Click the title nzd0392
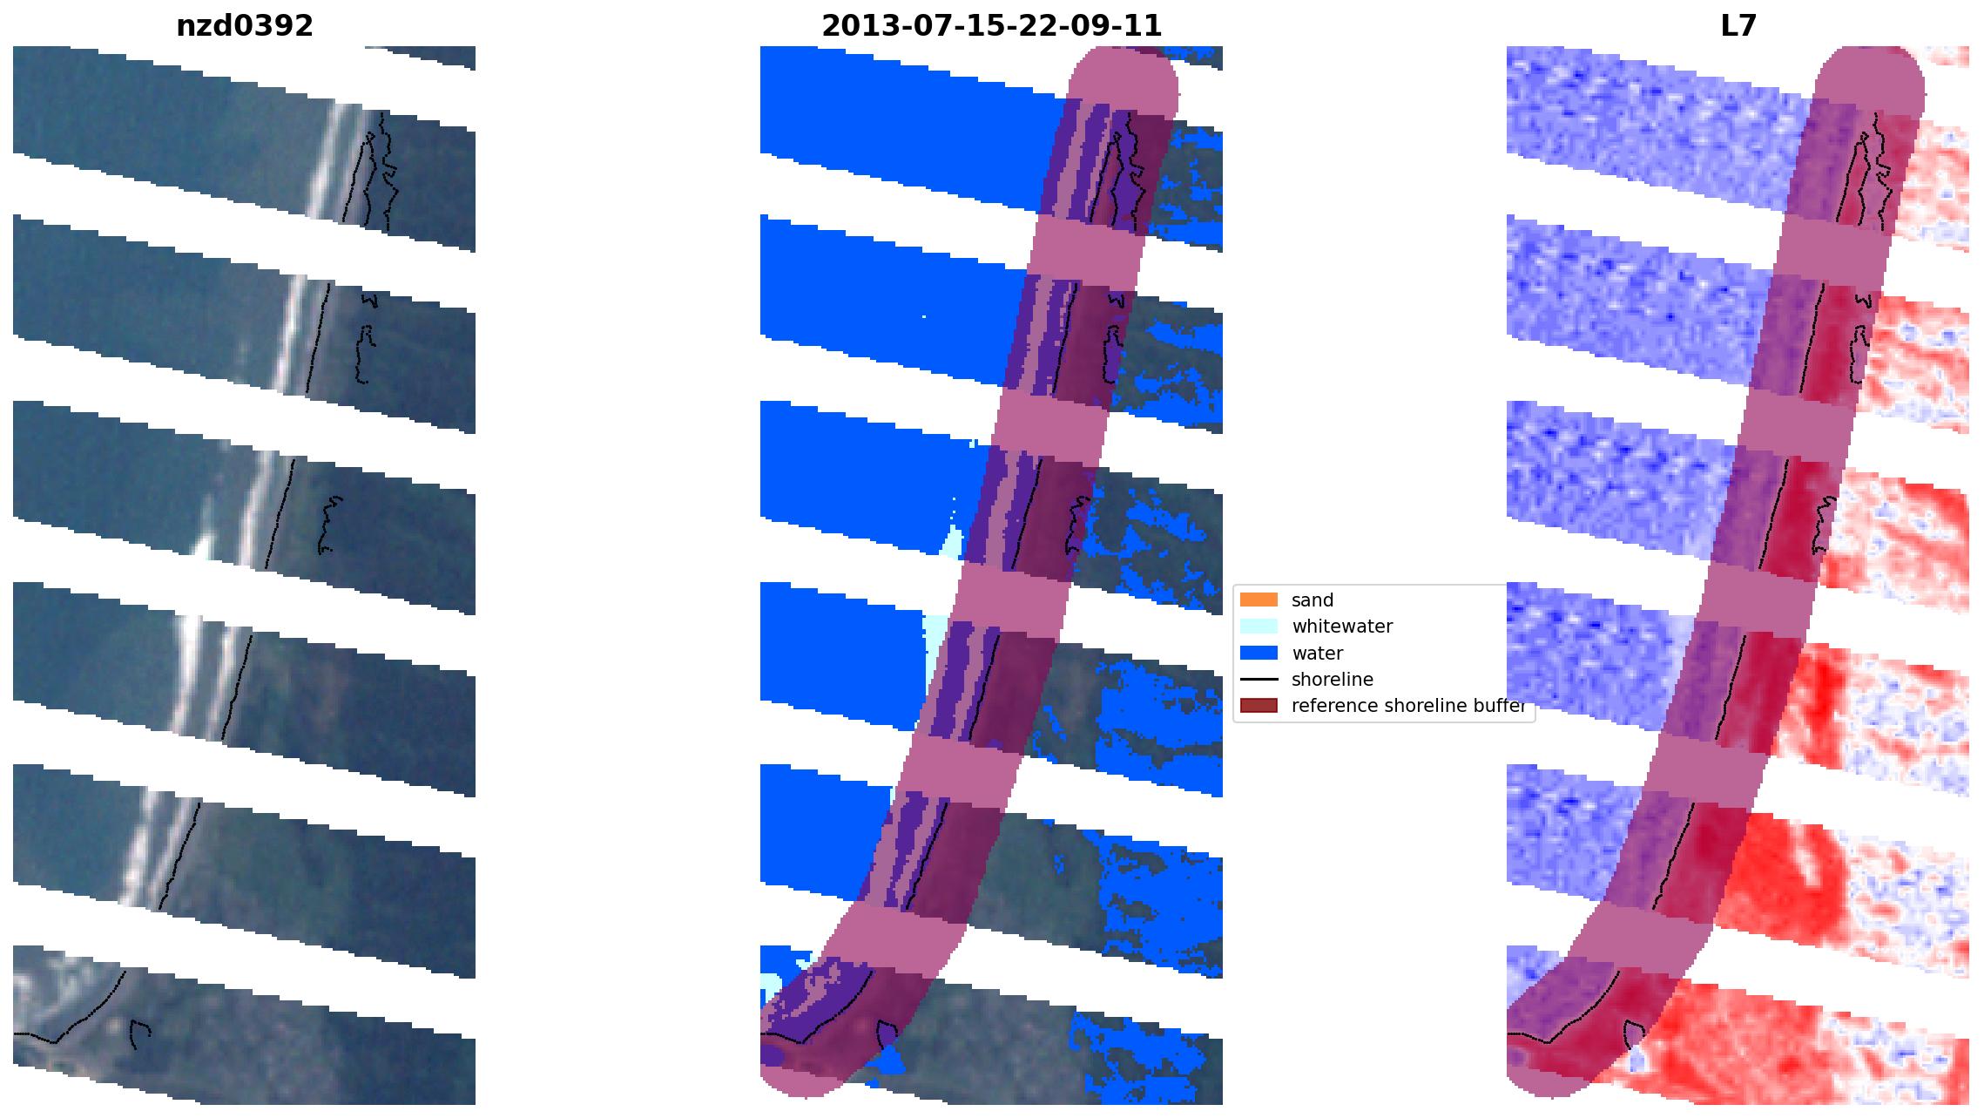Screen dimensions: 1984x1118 245,26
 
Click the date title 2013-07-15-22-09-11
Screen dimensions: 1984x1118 991,26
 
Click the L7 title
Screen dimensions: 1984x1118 1738,26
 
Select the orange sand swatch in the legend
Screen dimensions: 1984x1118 1259,600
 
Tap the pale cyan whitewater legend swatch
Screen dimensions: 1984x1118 1259,626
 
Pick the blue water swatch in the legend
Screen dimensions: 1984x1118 1259,653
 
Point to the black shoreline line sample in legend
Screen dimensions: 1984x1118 1259,679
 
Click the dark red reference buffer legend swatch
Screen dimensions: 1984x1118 1259,705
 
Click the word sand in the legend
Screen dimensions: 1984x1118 1313,600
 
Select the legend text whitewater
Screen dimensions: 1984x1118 1342,627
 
